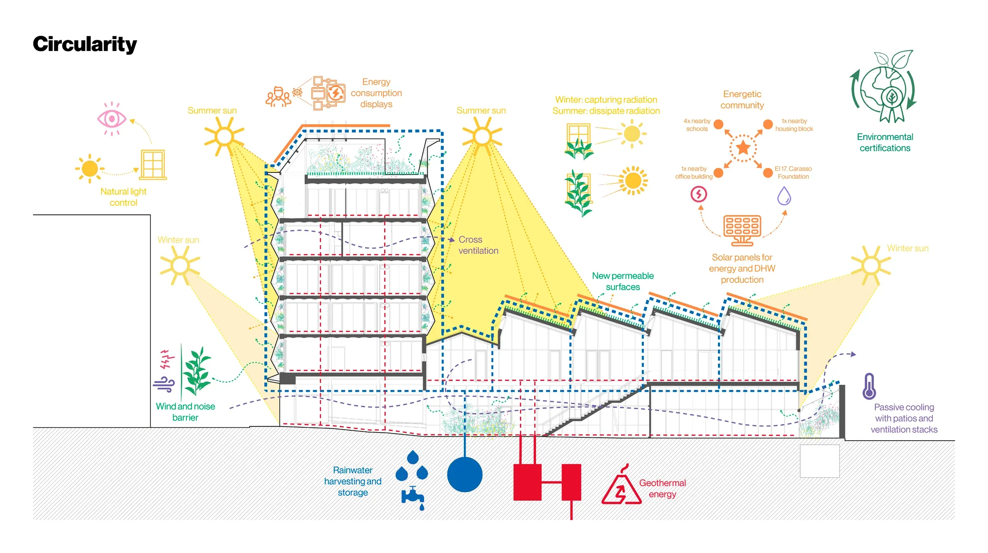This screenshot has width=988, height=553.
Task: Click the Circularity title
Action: coord(85,44)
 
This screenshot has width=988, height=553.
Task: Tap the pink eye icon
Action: coord(112,119)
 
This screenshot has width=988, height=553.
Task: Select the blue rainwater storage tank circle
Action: coord(465,474)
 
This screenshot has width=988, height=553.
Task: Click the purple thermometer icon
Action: coord(869,386)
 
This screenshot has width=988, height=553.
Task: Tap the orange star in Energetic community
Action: coord(743,148)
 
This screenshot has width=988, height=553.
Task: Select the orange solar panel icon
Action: coord(742,230)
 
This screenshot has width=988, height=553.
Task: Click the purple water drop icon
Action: coord(784,196)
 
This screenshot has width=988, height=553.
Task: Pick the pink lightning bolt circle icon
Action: coord(699,194)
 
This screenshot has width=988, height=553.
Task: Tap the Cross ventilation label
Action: coord(478,245)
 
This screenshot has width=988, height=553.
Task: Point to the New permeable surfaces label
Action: coord(623,281)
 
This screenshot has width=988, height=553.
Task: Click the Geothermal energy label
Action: coord(662,488)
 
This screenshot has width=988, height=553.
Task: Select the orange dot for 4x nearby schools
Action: coord(718,124)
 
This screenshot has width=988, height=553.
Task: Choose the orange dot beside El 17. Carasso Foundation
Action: coord(768,173)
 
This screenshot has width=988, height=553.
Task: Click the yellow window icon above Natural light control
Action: coord(153,165)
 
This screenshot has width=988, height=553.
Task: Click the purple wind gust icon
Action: coord(164,384)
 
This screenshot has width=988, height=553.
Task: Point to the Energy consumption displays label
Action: coord(376,93)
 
